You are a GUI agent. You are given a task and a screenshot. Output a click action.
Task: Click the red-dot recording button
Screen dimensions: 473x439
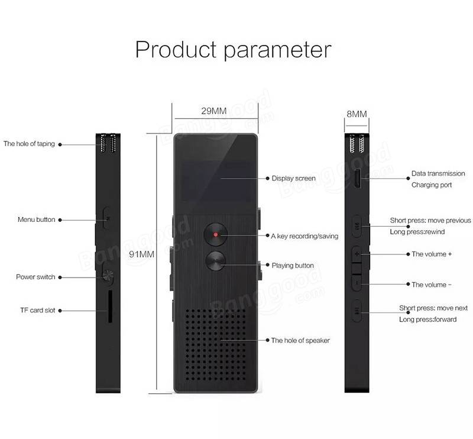(216, 234)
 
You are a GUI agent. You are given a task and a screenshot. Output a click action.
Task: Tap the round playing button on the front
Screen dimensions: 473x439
(216, 261)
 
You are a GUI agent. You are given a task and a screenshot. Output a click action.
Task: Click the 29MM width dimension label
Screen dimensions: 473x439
(214, 111)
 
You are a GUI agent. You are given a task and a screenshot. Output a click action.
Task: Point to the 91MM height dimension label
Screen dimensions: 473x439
(141, 254)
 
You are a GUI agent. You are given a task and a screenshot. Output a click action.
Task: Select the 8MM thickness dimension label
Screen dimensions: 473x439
(357, 114)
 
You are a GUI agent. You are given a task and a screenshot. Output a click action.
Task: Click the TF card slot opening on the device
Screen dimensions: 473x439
(110, 306)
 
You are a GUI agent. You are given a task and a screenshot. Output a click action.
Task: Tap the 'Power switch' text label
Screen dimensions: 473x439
(35, 277)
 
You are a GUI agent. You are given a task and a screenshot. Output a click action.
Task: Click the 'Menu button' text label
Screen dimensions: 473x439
(37, 220)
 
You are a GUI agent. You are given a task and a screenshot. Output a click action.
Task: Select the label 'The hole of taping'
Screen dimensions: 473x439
(29, 144)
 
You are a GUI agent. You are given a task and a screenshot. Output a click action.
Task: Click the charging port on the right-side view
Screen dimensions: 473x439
(358, 179)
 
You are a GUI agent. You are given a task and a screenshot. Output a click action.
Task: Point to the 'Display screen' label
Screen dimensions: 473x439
(293, 179)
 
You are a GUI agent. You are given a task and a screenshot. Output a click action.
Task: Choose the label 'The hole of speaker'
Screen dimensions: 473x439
(300, 341)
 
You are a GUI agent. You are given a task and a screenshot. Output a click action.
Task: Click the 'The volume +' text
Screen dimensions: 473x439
(432, 254)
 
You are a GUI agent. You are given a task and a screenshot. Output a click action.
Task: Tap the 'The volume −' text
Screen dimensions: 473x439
(432, 285)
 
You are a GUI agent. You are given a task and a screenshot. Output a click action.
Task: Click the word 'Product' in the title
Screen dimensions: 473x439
(176, 49)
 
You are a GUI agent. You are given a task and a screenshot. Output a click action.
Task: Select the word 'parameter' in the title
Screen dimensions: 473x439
(277, 51)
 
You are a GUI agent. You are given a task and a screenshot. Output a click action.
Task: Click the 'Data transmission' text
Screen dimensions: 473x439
(438, 173)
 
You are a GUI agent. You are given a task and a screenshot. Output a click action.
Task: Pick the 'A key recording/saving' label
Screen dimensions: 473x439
(304, 236)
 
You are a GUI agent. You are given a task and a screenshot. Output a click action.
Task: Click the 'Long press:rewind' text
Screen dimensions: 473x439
(417, 232)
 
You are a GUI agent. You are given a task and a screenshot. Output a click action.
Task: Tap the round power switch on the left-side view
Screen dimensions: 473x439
(108, 275)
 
